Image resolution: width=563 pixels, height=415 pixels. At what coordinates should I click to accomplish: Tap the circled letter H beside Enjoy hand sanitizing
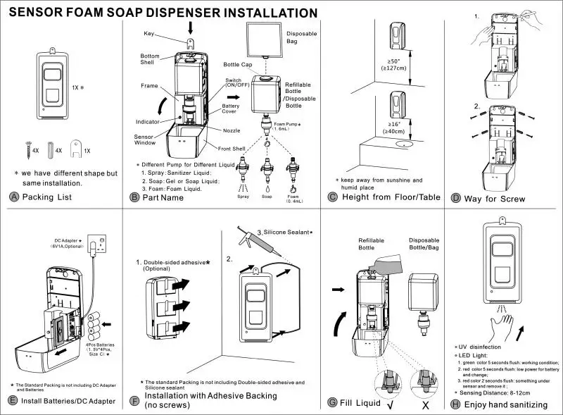click(x=457, y=404)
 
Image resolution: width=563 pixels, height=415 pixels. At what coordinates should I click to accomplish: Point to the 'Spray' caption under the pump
click(x=243, y=197)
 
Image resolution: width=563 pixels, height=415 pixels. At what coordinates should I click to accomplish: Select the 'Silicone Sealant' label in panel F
click(x=286, y=232)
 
